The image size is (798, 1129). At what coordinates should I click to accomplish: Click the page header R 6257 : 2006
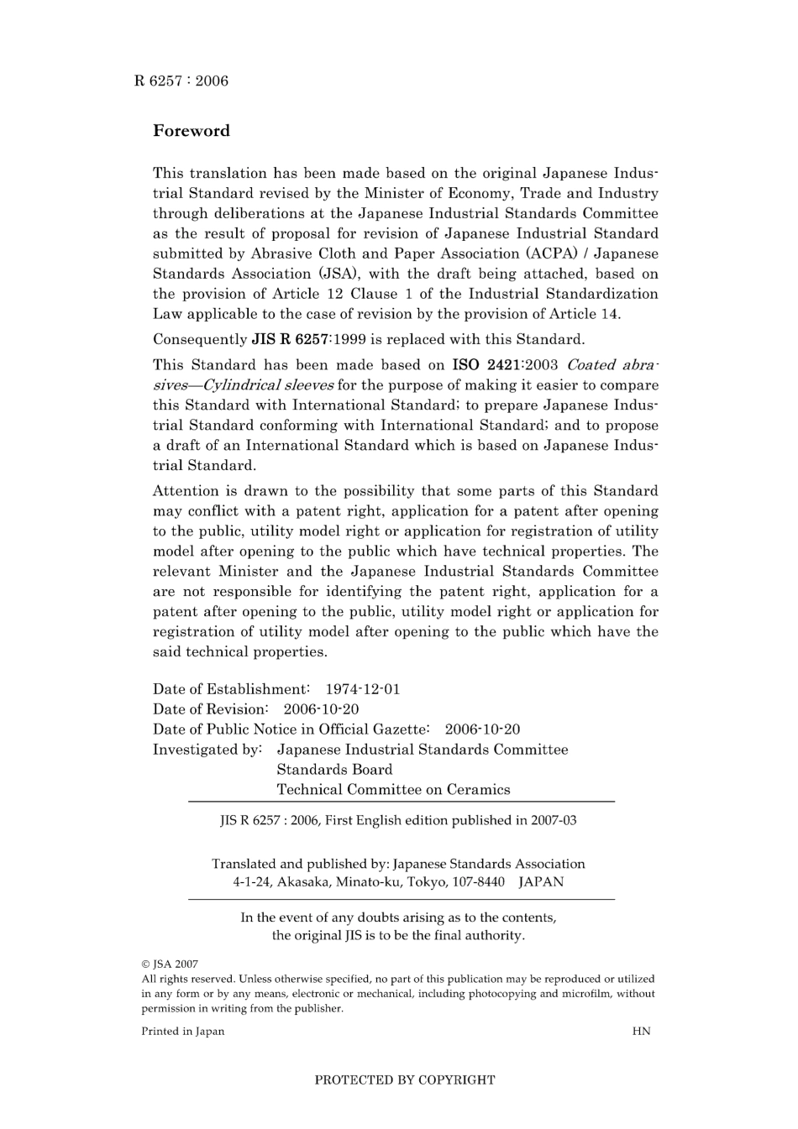click(x=181, y=81)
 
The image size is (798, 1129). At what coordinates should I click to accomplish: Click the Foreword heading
click(x=191, y=131)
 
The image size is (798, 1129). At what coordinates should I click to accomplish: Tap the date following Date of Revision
click(x=320, y=709)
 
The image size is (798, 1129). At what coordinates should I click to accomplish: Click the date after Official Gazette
click(x=482, y=729)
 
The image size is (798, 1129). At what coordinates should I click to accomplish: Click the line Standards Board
click(x=334, y=770)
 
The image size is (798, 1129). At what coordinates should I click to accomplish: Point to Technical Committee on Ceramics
click(x=393, y=790)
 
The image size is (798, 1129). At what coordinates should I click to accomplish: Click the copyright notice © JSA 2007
click(x=170, y=964)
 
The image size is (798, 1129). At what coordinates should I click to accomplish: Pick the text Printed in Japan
click(x=182, y=1031)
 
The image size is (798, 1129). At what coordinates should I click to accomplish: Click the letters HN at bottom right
click(x=641, y=1031)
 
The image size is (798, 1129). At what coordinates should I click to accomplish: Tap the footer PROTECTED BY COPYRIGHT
click(x=404, y=1080)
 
